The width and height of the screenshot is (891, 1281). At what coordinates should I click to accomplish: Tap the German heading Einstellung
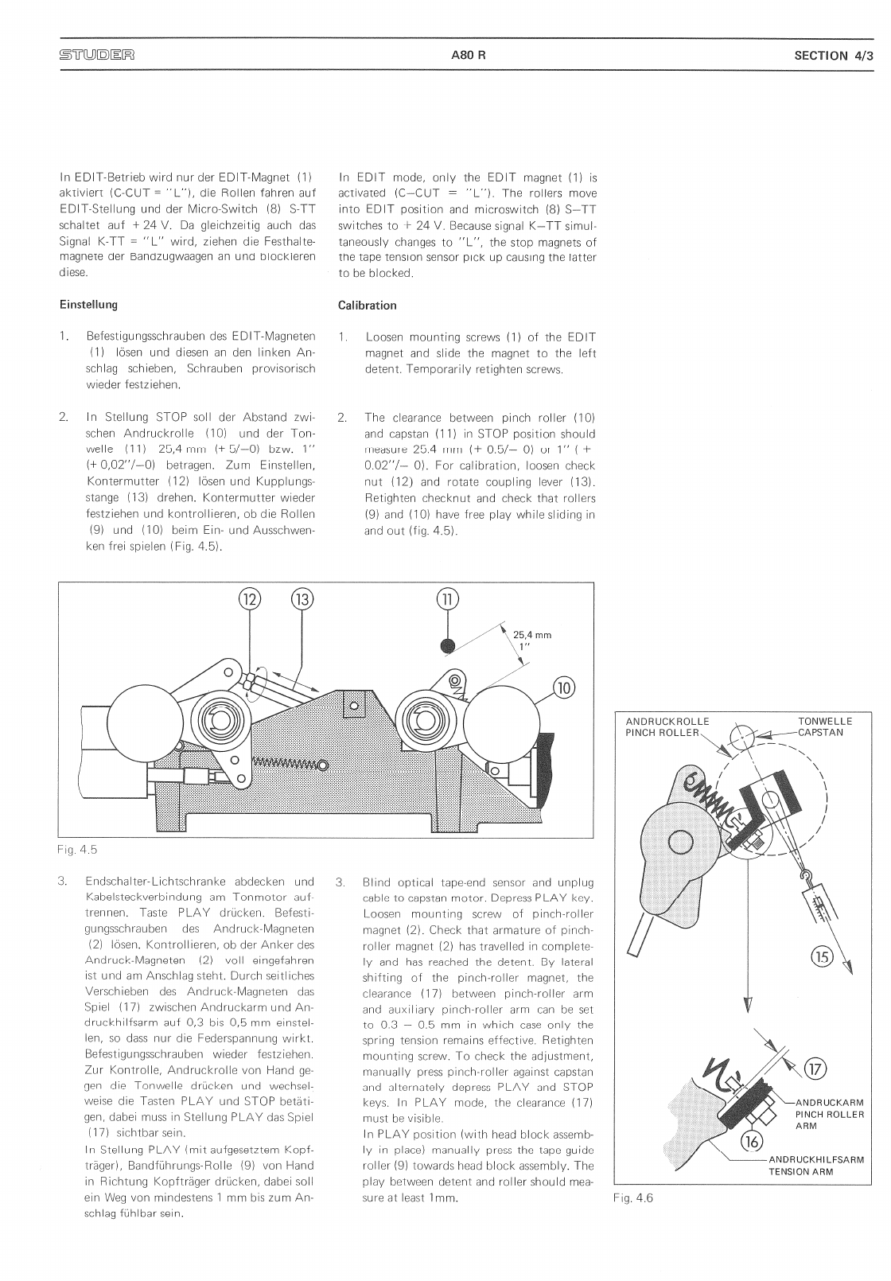88,305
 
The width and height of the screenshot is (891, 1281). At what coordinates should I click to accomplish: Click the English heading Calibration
367,306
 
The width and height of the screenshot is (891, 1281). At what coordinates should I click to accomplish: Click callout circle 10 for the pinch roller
564,688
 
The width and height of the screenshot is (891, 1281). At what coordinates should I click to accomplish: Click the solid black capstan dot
449,645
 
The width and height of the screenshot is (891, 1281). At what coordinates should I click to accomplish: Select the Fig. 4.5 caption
77,850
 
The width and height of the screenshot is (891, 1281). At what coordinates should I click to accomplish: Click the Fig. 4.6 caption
632,1198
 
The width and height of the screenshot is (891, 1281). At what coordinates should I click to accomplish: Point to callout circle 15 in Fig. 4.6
821,956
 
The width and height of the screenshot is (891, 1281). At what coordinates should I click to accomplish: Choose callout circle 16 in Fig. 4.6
752,1142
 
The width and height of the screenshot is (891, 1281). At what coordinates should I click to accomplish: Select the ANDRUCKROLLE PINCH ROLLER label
667,727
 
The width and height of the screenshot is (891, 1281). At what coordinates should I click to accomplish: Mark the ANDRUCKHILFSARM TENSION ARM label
816,1166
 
